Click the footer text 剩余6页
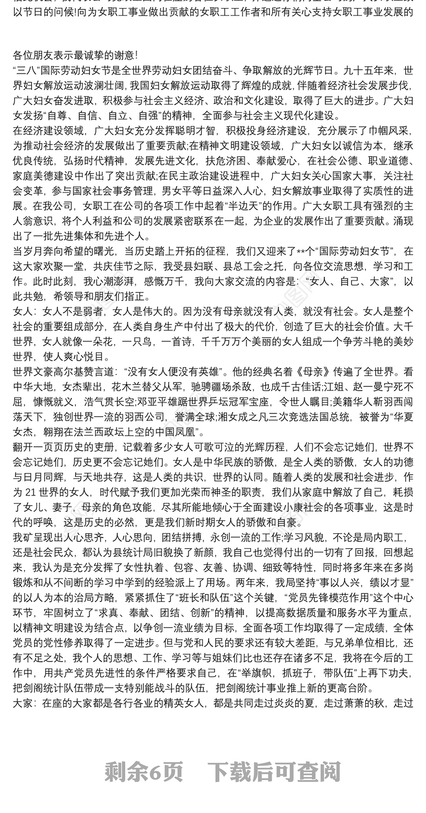tap(144, 770)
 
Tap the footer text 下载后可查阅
tap(274, 770)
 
